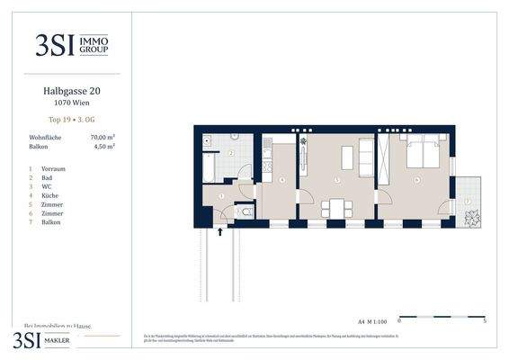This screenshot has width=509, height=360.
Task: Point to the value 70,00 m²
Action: click(x=103, y=137)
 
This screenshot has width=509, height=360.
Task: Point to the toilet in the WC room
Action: click(x=246, y=212)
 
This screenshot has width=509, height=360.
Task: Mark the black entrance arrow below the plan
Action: click(x=220, y=232)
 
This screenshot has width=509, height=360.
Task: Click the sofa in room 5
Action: click(x=366, y=157)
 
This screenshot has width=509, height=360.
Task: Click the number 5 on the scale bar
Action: click(x=485, y=320)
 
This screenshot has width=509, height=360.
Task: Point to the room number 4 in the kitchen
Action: click(x=281, y=180)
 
